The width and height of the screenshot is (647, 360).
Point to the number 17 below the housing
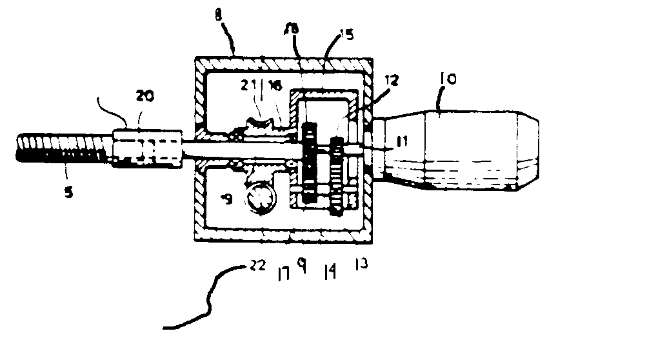pyautogui.click(x=283, y=274)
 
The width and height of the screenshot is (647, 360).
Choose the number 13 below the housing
pyautogui.click(x=361, y=265)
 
